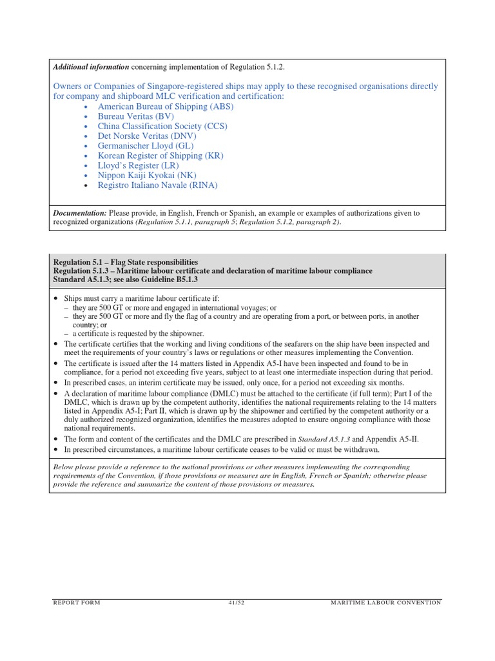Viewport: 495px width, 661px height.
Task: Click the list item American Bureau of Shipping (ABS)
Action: click(165, 107)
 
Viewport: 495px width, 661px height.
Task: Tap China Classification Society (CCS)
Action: click(162, 127)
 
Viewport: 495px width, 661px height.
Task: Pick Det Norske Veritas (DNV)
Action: click(147, 136)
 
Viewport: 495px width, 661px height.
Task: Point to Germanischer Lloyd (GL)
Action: click(145, 146)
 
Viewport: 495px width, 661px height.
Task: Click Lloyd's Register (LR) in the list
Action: click(137, 165)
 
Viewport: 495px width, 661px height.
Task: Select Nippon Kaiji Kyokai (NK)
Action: click(147, 175)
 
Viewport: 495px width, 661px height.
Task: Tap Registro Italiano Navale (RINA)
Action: click(157, 185)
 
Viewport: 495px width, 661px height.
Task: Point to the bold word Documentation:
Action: click(80, 213)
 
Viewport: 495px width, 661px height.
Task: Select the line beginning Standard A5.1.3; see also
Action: click(124, 279)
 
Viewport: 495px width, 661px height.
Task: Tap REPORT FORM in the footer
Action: click(77, 602)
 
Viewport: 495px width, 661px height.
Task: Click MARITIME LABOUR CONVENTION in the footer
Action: click(385, 602)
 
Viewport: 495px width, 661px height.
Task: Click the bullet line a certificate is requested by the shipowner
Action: click(138, 334)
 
